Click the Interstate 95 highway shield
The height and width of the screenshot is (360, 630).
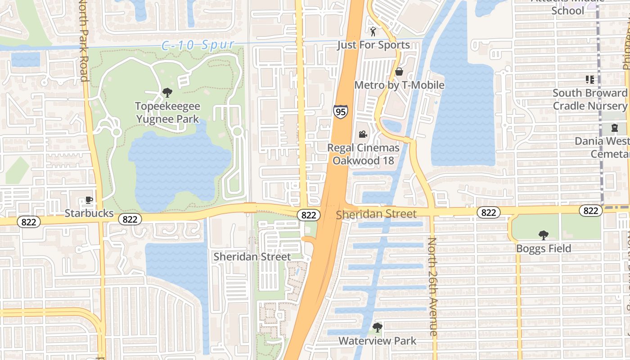point(341,112)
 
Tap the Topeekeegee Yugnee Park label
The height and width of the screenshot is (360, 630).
point(168,112)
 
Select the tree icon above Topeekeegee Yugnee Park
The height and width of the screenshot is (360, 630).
point(167,93)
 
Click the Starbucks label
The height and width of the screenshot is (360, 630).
point(89,213)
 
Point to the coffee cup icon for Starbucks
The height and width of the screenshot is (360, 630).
point(89,200)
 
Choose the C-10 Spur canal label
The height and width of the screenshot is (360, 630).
point(198,45)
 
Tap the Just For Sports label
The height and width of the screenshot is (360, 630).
point(373,45)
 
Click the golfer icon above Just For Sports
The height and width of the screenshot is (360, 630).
point(373,31)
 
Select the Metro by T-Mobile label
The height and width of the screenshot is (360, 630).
point(399,85)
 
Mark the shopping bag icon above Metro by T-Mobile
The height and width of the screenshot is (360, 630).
point(399,72)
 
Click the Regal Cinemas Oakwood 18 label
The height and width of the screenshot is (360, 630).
point(363,154)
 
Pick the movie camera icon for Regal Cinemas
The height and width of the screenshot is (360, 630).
point(363,134)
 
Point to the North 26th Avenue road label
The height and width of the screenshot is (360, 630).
point(432,287)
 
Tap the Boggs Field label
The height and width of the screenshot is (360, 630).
point(544,248)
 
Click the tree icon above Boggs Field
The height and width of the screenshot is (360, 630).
point(544,235)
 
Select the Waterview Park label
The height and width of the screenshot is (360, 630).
point(378,341)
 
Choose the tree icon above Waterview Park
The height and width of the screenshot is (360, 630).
point(378,327)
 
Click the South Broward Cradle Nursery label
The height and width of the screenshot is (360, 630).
point(590,99)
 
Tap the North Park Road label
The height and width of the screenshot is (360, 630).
point(83,40)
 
